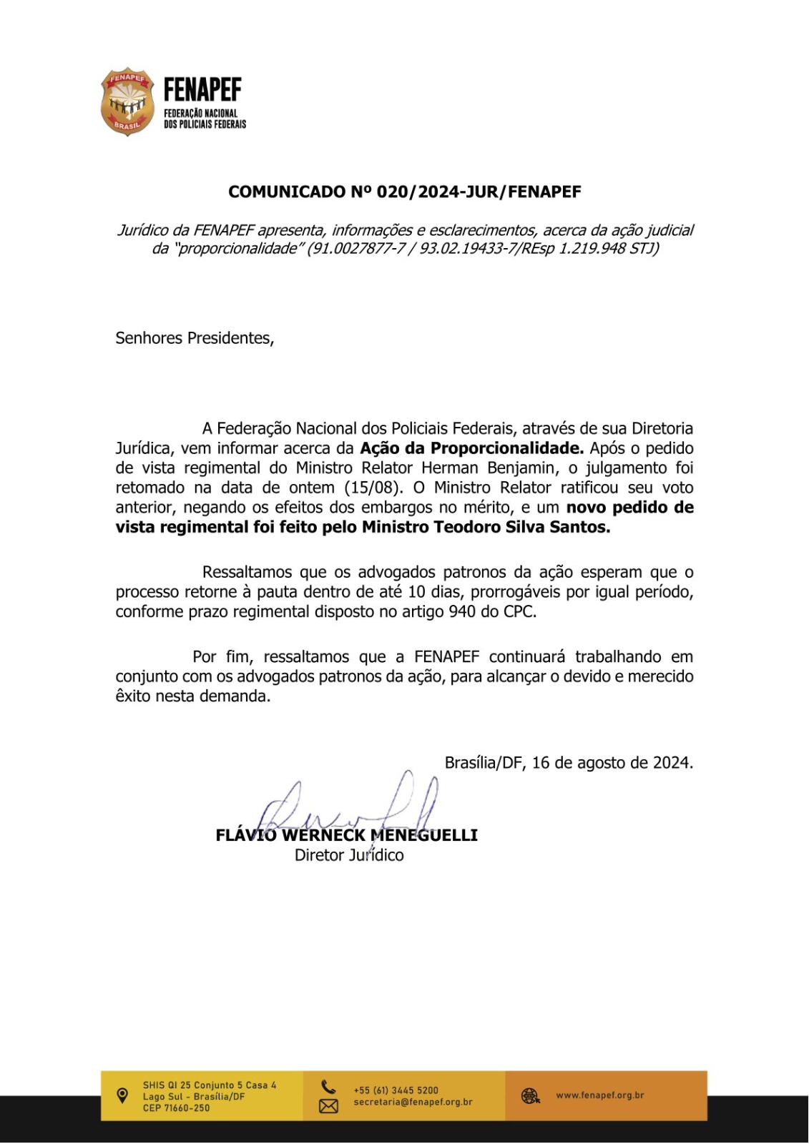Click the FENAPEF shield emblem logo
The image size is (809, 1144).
[x=127, y=102]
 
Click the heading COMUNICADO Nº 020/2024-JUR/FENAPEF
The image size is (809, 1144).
[x=404, y=192]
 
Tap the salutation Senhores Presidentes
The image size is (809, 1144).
[x=195, y=338]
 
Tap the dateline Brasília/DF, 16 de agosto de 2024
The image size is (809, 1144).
[x=569, y=762]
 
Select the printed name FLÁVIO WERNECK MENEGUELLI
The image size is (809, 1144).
[x=347, y=835]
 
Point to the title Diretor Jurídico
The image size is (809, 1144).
[x=349, y=855]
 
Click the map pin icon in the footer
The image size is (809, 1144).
[x=122, y=1095]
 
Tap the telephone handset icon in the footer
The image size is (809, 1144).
[x=328, y=1087]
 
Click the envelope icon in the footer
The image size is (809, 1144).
[x=328, y=1106]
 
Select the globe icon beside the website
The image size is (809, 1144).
[x=530, y=1095]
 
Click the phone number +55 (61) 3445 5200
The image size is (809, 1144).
[x=396, y=1090]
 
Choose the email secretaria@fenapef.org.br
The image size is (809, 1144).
[x=413, y=1103]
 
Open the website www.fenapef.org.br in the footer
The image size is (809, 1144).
[x=599, y=1095]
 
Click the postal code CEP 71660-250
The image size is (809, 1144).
[x=176, y=1108]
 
